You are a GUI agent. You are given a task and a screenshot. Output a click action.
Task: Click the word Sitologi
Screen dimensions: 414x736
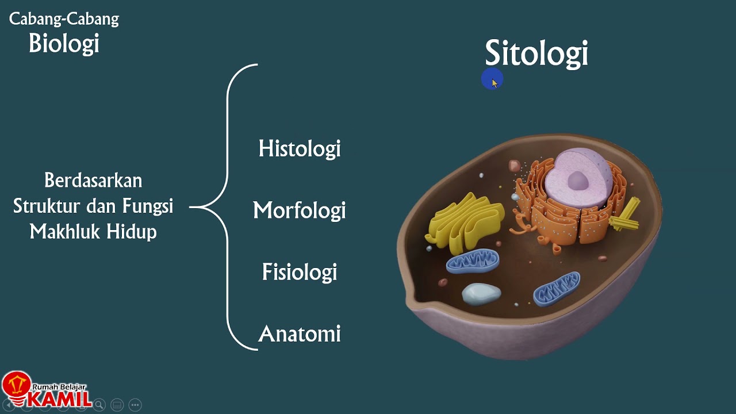click(x=536, y=53)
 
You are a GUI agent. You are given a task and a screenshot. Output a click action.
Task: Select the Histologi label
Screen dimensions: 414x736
click(x=300, y=149)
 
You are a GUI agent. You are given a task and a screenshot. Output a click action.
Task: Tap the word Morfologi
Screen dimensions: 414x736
click(x=300, y=210)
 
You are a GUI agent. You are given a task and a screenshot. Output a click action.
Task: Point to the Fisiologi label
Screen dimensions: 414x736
click(x=300, y=272)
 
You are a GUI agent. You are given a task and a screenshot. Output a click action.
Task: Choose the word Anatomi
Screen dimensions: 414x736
click(x=300, y=334)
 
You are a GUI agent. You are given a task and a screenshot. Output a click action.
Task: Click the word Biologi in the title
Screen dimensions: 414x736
click(x=64, y=44)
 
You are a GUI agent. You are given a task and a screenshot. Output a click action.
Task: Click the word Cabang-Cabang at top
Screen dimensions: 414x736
click(x=64, y=19)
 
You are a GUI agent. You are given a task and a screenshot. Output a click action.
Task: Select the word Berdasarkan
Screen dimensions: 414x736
click(x=93, y=181)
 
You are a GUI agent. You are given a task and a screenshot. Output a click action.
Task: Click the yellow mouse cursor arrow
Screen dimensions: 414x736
click(x=494, y=82)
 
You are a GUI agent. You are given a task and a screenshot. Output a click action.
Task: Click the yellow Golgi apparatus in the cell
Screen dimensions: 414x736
click(x=462, y=221)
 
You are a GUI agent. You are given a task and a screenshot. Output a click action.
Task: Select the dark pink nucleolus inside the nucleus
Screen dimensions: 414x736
click(x=578, y=181)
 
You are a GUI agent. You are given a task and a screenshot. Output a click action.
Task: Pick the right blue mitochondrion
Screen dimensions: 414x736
click(x=557, y=287)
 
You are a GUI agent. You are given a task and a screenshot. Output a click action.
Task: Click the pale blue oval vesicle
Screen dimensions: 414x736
click(x=481, y=293)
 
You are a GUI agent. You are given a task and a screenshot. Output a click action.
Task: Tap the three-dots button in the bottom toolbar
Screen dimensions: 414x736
click(x=135, y=405)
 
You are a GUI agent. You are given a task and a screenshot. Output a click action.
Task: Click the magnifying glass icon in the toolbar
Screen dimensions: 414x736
click(x=99, y=405)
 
